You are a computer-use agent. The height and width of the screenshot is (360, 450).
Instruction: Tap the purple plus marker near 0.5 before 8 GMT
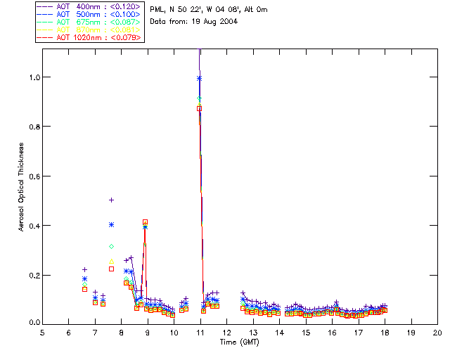(x=111, y=200)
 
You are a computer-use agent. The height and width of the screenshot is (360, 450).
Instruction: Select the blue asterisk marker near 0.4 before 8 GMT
(x=111, y=224)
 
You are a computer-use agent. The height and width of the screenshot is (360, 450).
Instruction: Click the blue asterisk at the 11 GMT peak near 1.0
(x=200, y=78)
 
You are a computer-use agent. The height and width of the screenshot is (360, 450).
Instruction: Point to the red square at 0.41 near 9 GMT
(x=145, y=222)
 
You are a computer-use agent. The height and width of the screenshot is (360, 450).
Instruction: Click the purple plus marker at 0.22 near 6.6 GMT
(x=84, y=269)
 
